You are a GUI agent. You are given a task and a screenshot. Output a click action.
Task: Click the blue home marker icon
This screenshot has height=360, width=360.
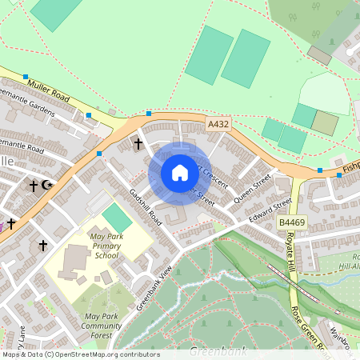tap(180, 172)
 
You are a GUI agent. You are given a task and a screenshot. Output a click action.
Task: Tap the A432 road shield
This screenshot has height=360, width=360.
tap(218, 125)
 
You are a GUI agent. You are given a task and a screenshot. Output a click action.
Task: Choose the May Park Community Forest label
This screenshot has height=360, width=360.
tap(102, 326)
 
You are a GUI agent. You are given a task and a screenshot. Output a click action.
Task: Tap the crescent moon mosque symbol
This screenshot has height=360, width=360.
tap(47, 186)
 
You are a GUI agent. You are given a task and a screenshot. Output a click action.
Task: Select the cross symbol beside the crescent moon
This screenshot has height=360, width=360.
tap(34, 186)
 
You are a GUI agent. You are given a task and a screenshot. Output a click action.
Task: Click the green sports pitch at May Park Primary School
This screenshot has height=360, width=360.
tap(117, 218)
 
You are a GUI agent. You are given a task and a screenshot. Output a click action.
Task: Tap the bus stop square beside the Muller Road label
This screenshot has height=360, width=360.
tap(26, 76)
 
